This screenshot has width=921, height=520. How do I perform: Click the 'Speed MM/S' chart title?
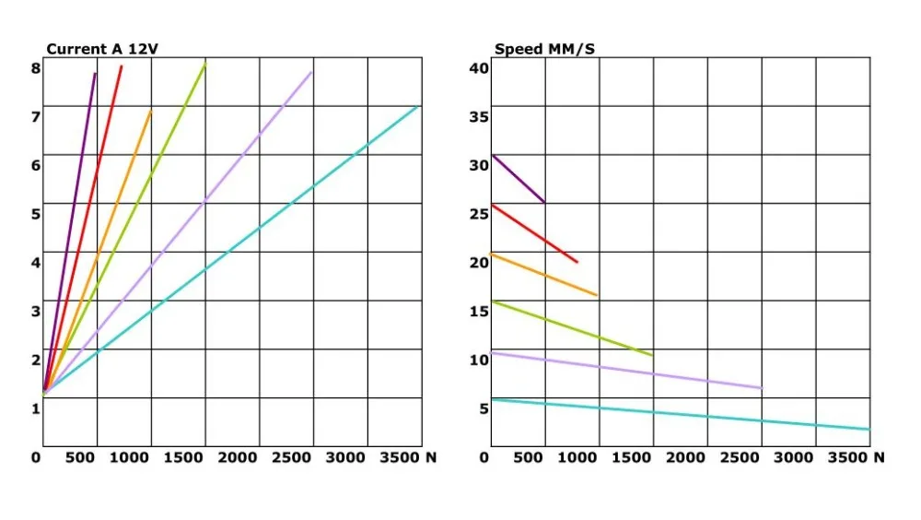coord(544,49)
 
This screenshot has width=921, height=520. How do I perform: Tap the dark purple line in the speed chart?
coord(518,179)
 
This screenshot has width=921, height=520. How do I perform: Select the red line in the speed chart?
coord(534,234)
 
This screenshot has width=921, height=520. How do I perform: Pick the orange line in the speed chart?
coord(543,274)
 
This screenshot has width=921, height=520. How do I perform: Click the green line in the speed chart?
coord(571,327)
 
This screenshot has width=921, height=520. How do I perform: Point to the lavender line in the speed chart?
coord(626,369)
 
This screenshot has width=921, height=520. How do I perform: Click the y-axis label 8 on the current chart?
coord(35,67)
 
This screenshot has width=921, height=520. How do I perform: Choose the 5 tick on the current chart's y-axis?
coord(35,214)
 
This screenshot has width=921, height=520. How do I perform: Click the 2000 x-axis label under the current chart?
coord(238,457)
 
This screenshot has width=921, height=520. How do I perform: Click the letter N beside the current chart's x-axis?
coord(430,457)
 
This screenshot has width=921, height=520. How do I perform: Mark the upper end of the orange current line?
coord(150,111)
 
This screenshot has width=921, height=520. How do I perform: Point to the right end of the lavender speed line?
coord(761,388)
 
